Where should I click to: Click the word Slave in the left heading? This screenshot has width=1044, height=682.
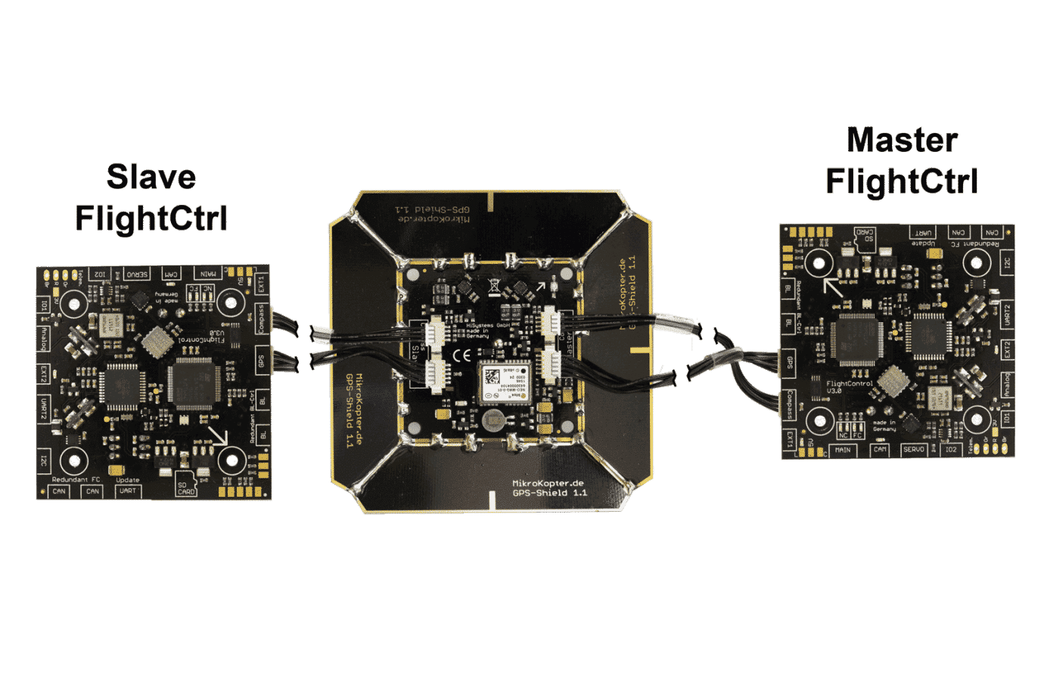click(151, 177)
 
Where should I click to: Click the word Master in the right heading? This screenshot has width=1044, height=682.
click(903, 141)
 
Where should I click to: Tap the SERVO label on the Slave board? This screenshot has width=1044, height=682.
click(137, 274)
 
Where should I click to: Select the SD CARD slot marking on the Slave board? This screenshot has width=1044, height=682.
click(186, 488)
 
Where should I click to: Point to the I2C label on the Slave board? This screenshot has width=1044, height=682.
click(45, 460)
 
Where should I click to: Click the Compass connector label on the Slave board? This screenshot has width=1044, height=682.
click(262, 318)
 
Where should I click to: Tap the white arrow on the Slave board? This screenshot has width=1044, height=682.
click(218, 436)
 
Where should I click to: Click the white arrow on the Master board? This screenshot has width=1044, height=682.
click(833, 287)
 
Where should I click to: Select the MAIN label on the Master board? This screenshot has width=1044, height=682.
click(841, 450)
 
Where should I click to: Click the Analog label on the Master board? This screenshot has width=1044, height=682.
click(1006, 385)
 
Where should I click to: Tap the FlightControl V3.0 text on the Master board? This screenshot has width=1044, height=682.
click(849, 386)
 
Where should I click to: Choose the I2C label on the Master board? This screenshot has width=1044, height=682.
click(1006, 264)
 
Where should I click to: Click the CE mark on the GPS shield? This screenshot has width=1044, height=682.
click(461, 355)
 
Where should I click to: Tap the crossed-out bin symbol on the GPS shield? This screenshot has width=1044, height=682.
click(494, 287)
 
